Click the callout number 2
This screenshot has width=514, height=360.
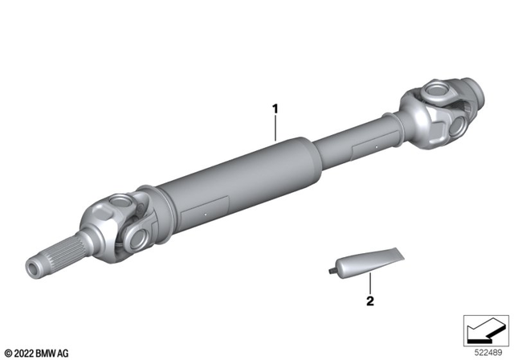click(370, 301)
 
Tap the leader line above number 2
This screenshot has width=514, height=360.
click(370, 284)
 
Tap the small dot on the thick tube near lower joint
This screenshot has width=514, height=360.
click(206, 215)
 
